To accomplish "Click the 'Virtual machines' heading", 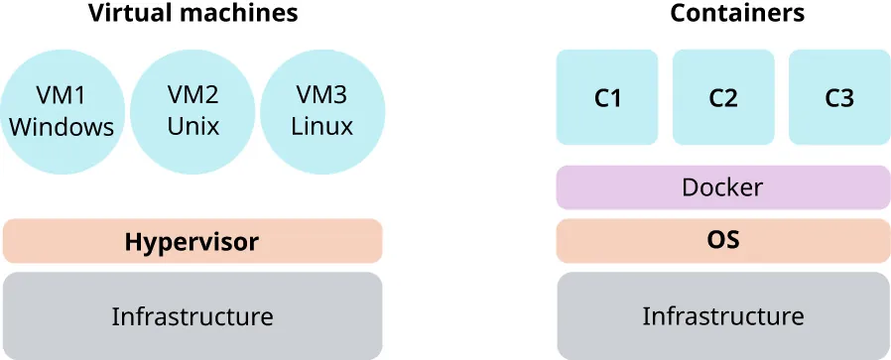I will [x=192, y=14].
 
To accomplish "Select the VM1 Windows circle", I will [x=62, y=111].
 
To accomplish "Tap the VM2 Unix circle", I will [x=192, y=111].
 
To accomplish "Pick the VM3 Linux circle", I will [x=323, y=111].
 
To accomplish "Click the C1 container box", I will [x=607, y=97].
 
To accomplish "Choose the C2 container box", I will [x=723, y=97].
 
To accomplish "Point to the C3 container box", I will [x=839, y=97].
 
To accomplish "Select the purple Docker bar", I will [x=723, y=187].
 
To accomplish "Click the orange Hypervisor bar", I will [x=192, y=241].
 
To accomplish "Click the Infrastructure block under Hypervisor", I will [x=192, y=316].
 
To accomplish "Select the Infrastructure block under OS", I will [x=723, y=316].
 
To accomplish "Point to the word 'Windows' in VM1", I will [x=62, y=128].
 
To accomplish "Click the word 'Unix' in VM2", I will [x=192, y=128].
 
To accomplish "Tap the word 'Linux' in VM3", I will [x=323, y=128].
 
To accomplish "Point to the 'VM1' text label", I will [x=62, y=95].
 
